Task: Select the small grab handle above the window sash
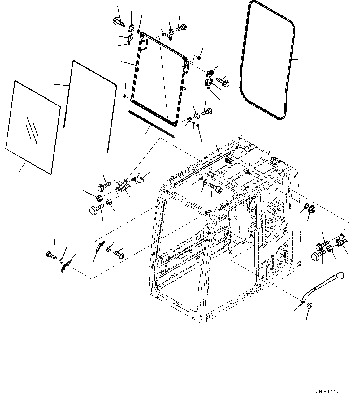coord(167,36)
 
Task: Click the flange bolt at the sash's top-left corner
coord(118,21)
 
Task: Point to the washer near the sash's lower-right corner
coord(196,116)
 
